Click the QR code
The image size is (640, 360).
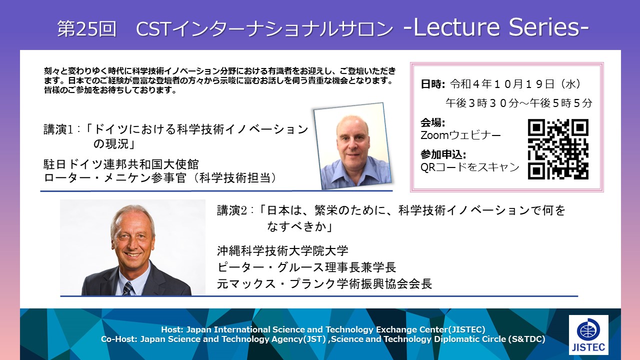click(558, 149)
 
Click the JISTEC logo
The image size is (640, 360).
click(588, 334)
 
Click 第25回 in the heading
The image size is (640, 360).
click(87, 28)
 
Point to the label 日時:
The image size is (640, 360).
click(433, 84)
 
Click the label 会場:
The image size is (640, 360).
click(432, 123)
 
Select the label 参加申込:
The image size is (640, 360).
click(443, 154)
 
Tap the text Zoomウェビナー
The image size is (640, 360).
click(460, 135)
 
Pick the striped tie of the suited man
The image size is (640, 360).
click(128, 288)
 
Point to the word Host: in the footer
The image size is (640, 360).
click(172, 329)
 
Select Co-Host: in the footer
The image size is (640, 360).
click(119, 339)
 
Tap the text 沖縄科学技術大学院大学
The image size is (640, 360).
click(282, 251)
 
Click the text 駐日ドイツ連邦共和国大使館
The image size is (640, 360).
click(121, 164)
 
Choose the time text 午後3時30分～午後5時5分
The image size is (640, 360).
click(519, 103)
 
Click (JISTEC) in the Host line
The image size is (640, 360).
click(466, 329)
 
